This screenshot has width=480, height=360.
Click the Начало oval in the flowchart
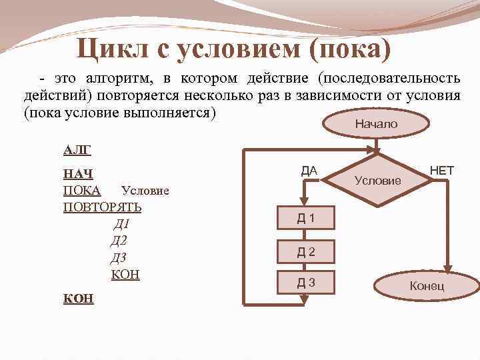375,124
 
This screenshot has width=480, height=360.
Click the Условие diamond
377,179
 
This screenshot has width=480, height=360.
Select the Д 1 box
306,218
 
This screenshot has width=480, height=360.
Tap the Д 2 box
306,251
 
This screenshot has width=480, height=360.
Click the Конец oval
427,287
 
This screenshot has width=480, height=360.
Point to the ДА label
309,171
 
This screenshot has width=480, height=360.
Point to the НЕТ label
441,171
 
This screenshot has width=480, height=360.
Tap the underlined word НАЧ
77,175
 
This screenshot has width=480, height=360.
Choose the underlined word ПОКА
81,191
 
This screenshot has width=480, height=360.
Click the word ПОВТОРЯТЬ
101,207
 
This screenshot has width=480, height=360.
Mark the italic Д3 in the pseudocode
119,258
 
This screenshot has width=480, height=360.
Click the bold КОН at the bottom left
77,298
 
